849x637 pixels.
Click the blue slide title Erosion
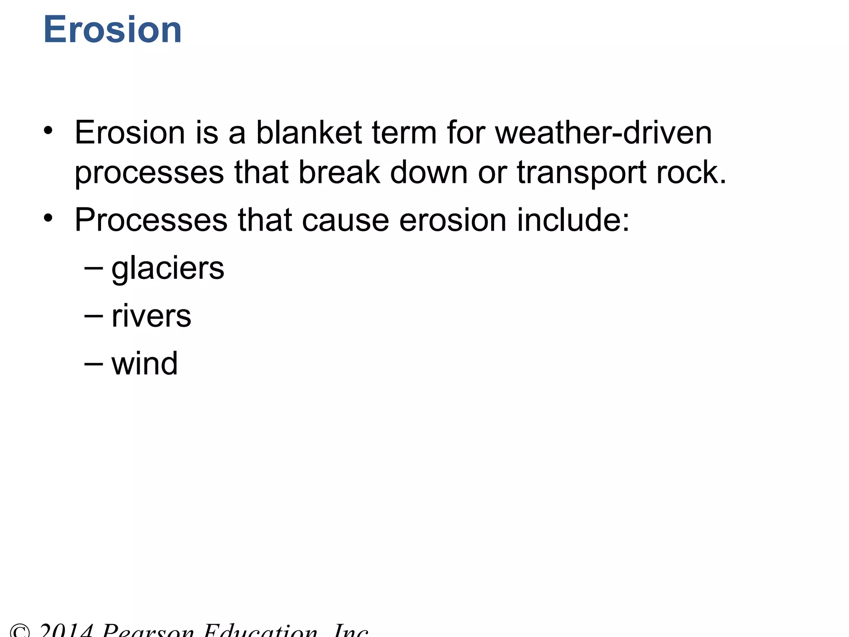pyautogui.click(x=112, y=30)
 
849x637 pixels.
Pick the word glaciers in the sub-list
pyautogui.click(x=168, y=268)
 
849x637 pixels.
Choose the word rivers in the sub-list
pyautogui.click(x=151, y=316)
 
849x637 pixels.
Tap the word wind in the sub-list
pyautogui.click(x=145, y=364)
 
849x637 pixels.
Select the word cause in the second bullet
pyautogui.click(x=345, y=220)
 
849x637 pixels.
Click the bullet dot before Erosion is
pyautogui.click(x=49, y=130)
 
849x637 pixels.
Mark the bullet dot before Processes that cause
pyautogui.click(x=49, y=217)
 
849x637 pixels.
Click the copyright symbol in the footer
pyautogui.click(x=20, y=631)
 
